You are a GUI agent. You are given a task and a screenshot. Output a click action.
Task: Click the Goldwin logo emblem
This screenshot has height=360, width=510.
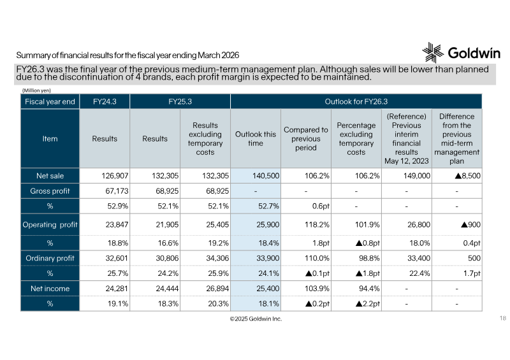(x=433, y=52)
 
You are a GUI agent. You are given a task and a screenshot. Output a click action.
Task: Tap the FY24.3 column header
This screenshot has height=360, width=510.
(x=105, y=101)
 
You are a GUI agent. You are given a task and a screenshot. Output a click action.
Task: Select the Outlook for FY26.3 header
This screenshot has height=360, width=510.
(x=356, y=101)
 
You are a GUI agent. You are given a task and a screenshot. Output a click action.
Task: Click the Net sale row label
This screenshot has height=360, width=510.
(x=50, y=176)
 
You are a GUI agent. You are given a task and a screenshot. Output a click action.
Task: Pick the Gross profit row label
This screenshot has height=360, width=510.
(x=50, y=191)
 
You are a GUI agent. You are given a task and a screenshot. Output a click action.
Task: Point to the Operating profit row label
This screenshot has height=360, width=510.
(x=50, y=224)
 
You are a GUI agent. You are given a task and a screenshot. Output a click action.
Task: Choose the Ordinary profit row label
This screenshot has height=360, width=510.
(x=50, y=258)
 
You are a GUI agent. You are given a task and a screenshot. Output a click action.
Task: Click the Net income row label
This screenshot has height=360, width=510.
(x=50, y=289)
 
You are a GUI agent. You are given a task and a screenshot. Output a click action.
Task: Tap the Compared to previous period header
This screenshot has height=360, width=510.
(x=306, y=138)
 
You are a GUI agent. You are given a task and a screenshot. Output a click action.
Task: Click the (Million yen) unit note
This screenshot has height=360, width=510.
(x=36, y=90)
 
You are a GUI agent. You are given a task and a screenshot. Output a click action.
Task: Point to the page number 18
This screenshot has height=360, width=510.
(x=503, y=318)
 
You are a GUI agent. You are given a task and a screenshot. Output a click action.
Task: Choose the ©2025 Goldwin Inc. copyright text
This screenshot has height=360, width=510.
(x=256, y=319)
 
